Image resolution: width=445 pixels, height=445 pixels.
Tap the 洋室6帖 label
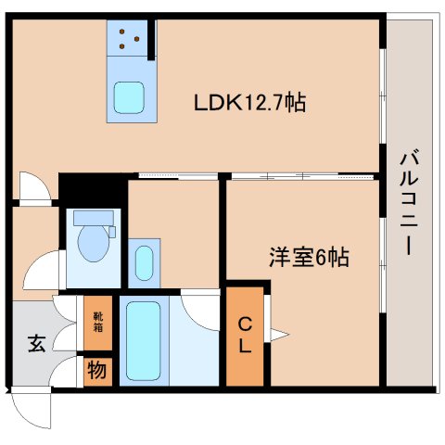tap(308, 259)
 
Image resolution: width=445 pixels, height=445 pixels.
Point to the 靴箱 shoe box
tap(97, 322)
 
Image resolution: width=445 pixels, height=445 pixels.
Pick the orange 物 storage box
tap(97, 371)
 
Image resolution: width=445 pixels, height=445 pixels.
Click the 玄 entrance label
tap(35, 344)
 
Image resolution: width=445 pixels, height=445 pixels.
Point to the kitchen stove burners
tap(130, 39)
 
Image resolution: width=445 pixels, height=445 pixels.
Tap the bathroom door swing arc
tap(199, 306)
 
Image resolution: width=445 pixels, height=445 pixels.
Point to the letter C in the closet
tap(245, 324)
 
